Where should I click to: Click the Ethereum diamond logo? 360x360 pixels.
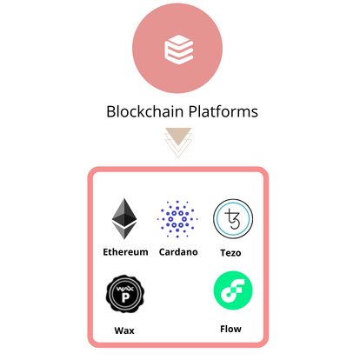(124, 218)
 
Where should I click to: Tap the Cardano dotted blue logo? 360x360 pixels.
(177, 219)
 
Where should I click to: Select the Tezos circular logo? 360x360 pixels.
(233, 219)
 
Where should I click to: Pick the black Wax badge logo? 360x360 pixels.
(125, 294)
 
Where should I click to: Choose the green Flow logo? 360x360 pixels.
(233, 290)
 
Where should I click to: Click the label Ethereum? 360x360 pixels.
(125, 252)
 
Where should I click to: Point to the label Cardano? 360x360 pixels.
(178, 252)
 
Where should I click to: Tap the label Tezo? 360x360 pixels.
(230, 253)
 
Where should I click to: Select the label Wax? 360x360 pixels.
(124, 330)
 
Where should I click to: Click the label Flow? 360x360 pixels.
(230, 329)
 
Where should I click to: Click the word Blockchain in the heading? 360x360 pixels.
(145, 111)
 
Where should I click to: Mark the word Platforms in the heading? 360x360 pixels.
(223, 111)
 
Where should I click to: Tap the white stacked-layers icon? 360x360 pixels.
(179, 50)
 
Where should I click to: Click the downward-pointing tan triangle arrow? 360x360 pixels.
(178, 136)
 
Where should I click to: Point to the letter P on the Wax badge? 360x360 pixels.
(125, 297)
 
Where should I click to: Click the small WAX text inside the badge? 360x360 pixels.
(125, 289)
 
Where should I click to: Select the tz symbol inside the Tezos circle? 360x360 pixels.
(232, 219)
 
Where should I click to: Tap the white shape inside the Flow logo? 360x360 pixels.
(233, 290)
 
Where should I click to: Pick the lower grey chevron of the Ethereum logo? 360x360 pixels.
(124, 230)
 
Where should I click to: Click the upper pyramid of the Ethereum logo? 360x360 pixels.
(124, 211)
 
